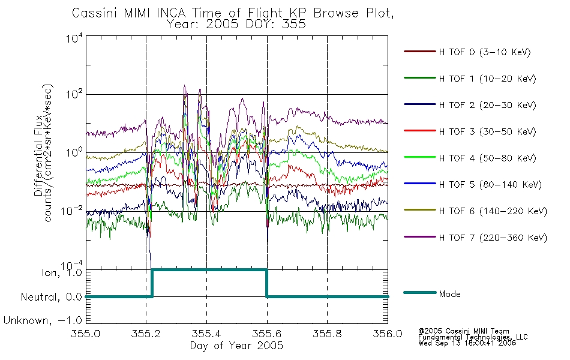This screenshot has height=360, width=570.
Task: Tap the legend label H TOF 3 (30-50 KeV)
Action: coord(487,131)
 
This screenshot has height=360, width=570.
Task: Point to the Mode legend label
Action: coord(449,294)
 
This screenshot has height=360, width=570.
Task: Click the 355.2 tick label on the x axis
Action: coord(146,334)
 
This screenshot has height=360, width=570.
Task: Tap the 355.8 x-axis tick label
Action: coord(327,334)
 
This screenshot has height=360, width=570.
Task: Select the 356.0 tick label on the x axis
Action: coord(388,334)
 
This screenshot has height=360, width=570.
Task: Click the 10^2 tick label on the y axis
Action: coord(74,94)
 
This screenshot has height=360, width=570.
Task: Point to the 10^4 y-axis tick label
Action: coord(74,37)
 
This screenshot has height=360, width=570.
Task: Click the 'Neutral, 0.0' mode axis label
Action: coord(51,297)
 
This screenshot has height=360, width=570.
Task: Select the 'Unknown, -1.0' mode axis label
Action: coord(43,320)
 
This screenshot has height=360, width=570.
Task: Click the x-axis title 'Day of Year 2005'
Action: coord(236,346)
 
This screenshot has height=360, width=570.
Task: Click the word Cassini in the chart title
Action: coord(95,13)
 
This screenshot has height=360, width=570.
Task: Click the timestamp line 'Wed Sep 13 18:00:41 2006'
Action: coord(467,343)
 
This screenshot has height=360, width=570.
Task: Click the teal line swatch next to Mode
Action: coord(420,293)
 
